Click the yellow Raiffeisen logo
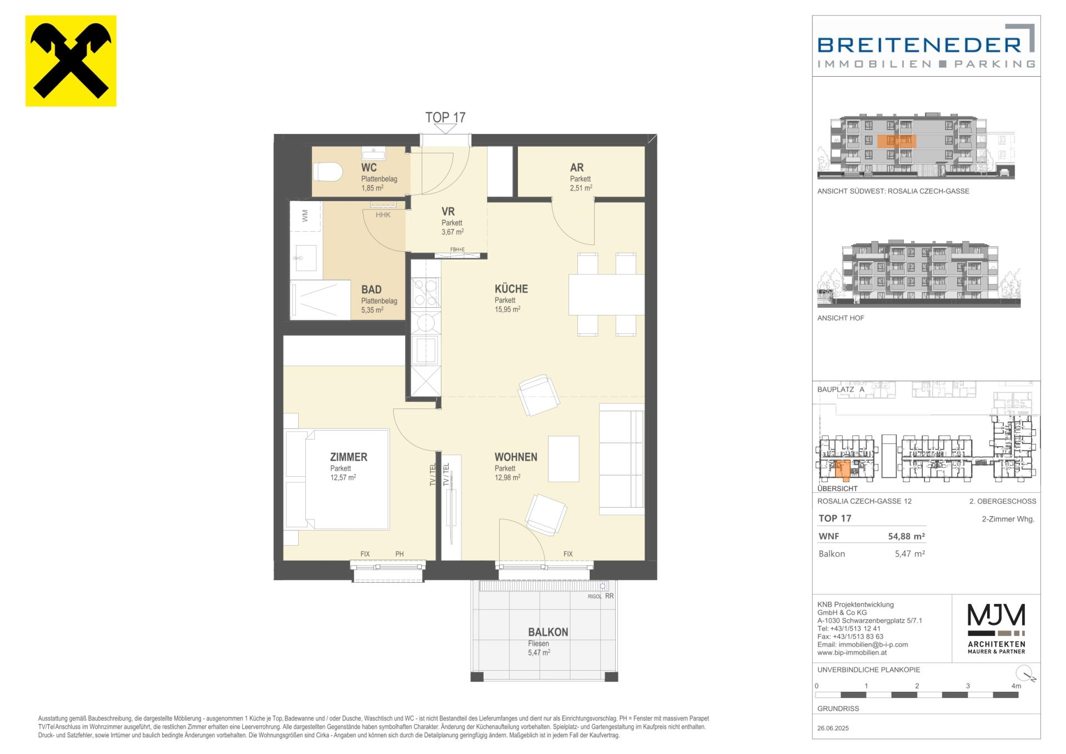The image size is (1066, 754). click(x=71, y=61)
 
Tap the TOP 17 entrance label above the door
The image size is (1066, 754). click(x=445, y=117)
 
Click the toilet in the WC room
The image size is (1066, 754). click(x=327, y=172)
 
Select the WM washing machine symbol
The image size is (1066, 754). click(x=305, y=216)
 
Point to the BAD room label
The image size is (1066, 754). click(x=371, y=289)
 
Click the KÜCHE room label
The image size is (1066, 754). click(x=511, y=289)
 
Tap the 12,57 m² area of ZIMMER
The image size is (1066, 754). click(x=343, y=477)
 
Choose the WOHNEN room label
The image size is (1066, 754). click(x=516, y=457)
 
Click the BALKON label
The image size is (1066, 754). click(x=548, y=632)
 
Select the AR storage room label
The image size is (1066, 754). click(x=577, y=167)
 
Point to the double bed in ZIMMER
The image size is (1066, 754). click(x=336, y=479)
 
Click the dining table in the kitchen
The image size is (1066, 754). click(x=606, y=294)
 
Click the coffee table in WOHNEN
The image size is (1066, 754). click(x=564, y=458)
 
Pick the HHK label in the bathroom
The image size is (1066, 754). click(x=383, y=215)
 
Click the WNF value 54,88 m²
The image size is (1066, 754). click(x=906, y=536)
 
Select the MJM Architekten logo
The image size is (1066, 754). click(x=997, y=628)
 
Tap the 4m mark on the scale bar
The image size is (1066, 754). click(x=1015, y=686)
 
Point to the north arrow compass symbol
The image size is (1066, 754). click(x=1028, y=673)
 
